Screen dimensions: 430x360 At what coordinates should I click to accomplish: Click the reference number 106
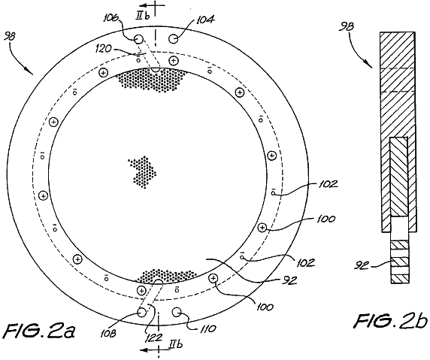pos(111,18)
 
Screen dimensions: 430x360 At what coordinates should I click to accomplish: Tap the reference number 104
pos(205,20)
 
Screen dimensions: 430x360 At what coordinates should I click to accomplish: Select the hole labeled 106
pos(139,40)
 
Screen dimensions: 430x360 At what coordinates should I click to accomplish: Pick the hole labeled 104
pos(174,39)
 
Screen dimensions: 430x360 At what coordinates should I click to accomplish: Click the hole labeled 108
pos(142,312)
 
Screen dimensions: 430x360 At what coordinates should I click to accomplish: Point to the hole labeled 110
pos(177,312)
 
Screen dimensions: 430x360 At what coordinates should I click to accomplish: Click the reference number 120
pos(104,49)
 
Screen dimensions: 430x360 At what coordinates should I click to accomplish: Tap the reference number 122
pos(154,337)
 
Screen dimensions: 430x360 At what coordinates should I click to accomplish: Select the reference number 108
pos(108,333)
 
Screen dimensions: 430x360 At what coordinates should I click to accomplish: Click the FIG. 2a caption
pos(40,331)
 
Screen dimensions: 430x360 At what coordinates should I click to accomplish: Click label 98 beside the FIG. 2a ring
pos(10,37)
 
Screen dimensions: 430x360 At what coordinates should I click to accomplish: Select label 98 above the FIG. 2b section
pos(347,26)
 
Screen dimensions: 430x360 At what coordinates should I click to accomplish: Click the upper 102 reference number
pos(328,184)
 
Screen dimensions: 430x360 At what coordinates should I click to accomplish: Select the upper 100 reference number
pos(326,219)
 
